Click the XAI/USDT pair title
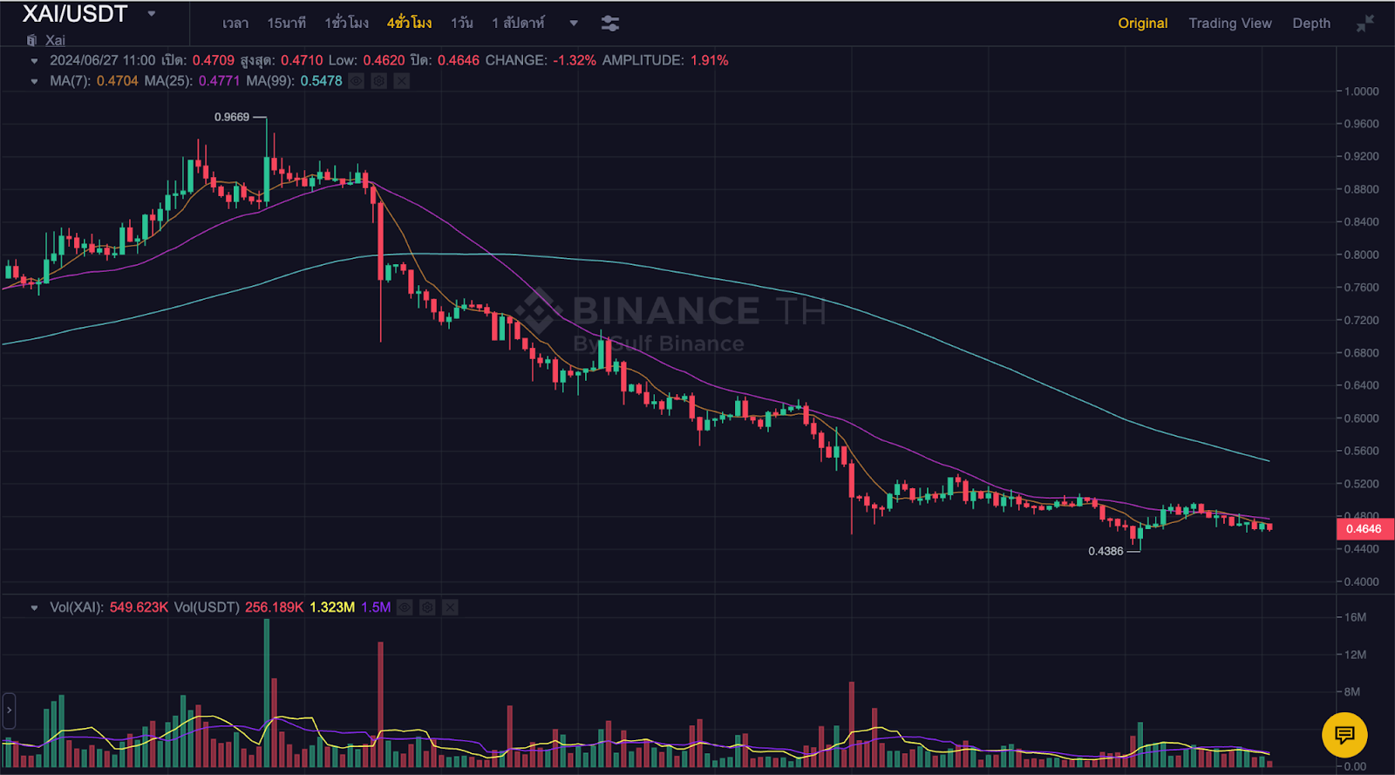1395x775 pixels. click(75, 14)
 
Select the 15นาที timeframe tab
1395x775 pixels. click(286, 24)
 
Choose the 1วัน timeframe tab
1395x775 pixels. click(461, 24)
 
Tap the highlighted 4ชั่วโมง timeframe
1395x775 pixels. click(409, 24)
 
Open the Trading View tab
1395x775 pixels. click(1229, 24)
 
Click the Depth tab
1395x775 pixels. click(1310, 24)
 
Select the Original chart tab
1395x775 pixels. click(1142, 24)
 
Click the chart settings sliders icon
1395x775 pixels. click(610, 24)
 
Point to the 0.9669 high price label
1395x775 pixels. click(232, 117)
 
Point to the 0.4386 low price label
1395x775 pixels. click(1106, 551)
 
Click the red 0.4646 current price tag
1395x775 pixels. click(1364, 529)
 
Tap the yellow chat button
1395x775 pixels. click(1344, 735)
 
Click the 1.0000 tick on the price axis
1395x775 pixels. click(1361, 92)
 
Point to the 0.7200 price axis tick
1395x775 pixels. click(1361, 320)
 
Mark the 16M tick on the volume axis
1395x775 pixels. click(1355, 617)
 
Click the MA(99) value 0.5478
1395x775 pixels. click(321, 81)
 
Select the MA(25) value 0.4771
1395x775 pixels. click(219, 81)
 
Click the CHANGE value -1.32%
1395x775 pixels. click(575, 60)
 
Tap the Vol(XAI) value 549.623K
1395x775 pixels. click(139, 607)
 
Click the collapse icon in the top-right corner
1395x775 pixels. click(1364, 24)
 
